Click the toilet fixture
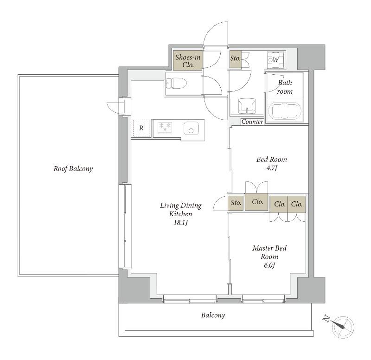click(x=176, y=84)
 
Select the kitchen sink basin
click(x=191, y=129)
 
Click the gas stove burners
click(x=165, y=127)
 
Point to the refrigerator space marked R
click(x=141, y=128)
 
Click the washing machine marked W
click(x=275, y=60)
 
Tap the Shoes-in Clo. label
click(x=188, y=61)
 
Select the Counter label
click(x=252, y=122)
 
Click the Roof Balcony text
click(x=73, y=169)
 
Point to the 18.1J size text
click(x=180, y=223)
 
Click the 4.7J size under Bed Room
click(x=272, y=168)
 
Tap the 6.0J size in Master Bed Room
click(x=269, y=265)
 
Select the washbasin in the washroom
click(x=247, y=106)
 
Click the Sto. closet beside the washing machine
click(x=235, y=60)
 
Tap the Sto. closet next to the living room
click(x=236, y=203)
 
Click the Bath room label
click(x=285, y=87)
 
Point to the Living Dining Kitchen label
click(x=180, y=210)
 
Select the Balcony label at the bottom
click(x=213, y=315)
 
